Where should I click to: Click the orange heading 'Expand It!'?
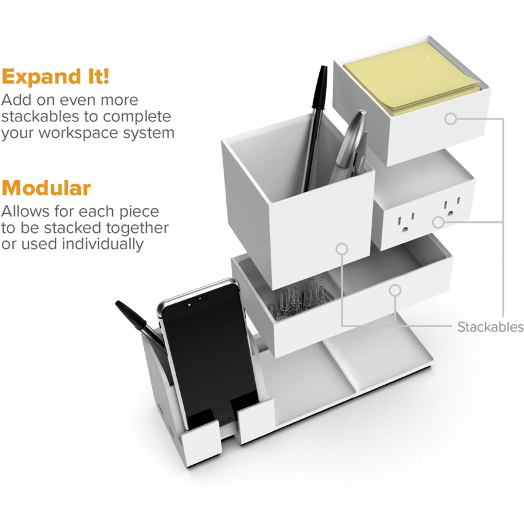[x=55, y=76]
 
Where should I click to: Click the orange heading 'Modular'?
[x=46, y=187]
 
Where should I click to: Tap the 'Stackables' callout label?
[x=490, y=327]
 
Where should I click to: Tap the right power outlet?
[x=451, y=207]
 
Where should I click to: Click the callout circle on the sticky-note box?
[x=451, y=118]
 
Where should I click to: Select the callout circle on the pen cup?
[x=342, y=248]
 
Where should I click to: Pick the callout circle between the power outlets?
[x=438, y=222]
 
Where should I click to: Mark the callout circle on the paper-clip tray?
[x=395, y=290]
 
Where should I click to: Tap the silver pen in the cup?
[x=351, y=144]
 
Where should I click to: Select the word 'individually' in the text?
[x=103, y=244]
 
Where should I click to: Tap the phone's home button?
[x=224, y=418]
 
